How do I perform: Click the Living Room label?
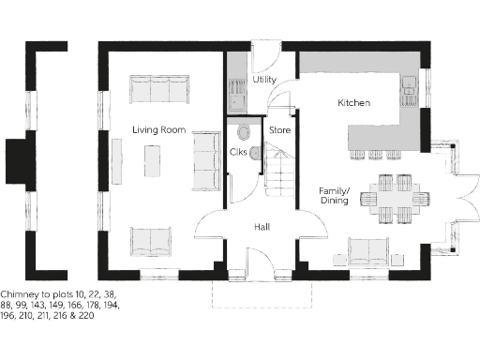click(158, 129)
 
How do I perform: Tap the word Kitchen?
click(353, 102)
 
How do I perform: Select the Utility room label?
click(264, 80)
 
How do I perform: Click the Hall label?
click(264, 227)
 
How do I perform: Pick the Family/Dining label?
click(334, 194)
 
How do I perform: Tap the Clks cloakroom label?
click(237, 152)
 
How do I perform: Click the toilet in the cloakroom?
click(245, 132)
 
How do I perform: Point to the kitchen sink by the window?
click(410, 90)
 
